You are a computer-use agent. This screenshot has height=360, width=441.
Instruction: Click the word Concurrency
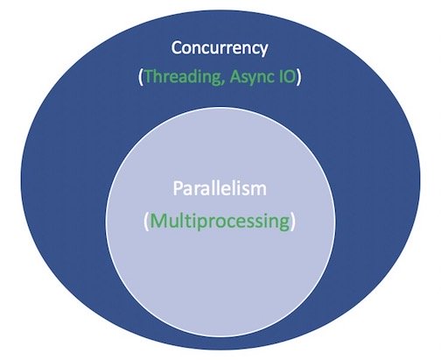coord(220,49)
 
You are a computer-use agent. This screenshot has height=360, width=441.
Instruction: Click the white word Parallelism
coord(220,188)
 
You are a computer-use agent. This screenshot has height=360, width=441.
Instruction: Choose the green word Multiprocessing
coord(220,221)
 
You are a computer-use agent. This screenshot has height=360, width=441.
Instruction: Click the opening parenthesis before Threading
coord(141,77)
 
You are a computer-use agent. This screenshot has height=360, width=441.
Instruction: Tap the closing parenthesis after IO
coord(298,77)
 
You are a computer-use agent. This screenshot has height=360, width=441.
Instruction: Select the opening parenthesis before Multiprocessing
coord(147,222)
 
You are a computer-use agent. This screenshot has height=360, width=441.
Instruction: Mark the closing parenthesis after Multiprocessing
coord(293,222)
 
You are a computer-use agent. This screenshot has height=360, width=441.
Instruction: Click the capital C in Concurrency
coord(176,48)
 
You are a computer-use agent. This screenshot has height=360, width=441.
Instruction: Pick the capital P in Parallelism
coord(178,188)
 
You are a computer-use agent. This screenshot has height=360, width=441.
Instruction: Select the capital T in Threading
coord(149,76)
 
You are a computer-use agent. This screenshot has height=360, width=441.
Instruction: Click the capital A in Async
coord(235,76)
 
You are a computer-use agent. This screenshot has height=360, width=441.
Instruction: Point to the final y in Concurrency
coord(262,51)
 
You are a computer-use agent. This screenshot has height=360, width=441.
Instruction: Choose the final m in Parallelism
coord(259,191)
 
